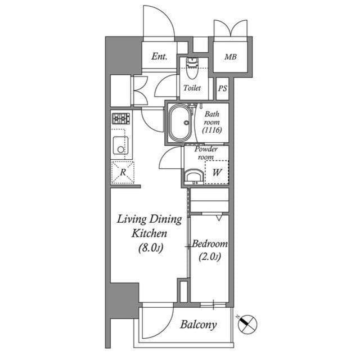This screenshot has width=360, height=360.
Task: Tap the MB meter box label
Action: coord(231,57)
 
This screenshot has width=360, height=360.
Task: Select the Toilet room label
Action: coord(192,88)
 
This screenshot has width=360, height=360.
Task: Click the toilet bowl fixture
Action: coord(192,69)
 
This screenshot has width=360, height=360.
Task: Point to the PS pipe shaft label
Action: coord(223,88)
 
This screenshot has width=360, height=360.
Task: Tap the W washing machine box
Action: coord(217,173)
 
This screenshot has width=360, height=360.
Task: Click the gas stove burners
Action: coord(121,119)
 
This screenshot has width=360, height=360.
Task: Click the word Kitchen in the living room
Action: coord(150,233)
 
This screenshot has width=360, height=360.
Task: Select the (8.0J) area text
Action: coord(150,247)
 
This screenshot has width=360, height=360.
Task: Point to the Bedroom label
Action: coord(210,244)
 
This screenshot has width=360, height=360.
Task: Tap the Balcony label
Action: coord(198,325)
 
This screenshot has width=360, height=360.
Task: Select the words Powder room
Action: coord(206,153)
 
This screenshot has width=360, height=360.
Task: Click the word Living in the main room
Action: coord(133,219)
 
